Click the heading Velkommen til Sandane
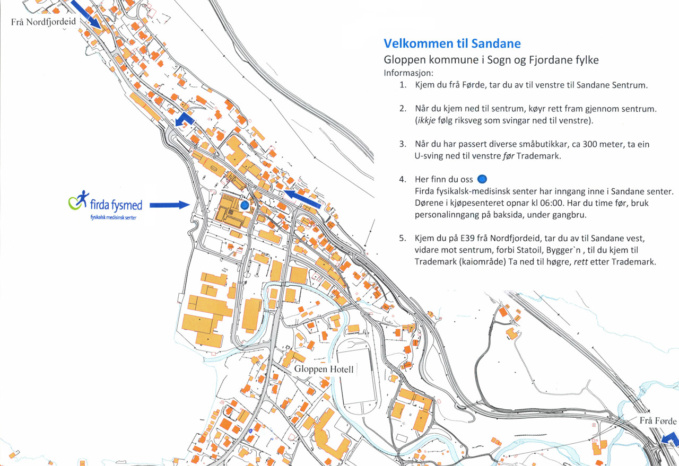(x=452, y=43)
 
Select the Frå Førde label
(x=658, y=421)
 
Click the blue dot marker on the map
(x=245, y=204)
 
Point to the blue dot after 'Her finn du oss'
(x=482, y=179)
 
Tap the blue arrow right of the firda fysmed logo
(x=169, y=205)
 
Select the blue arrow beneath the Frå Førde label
(x=670, y=439)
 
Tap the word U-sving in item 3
(x=429, y=156)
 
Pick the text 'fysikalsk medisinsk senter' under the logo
(x=113, y=218)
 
